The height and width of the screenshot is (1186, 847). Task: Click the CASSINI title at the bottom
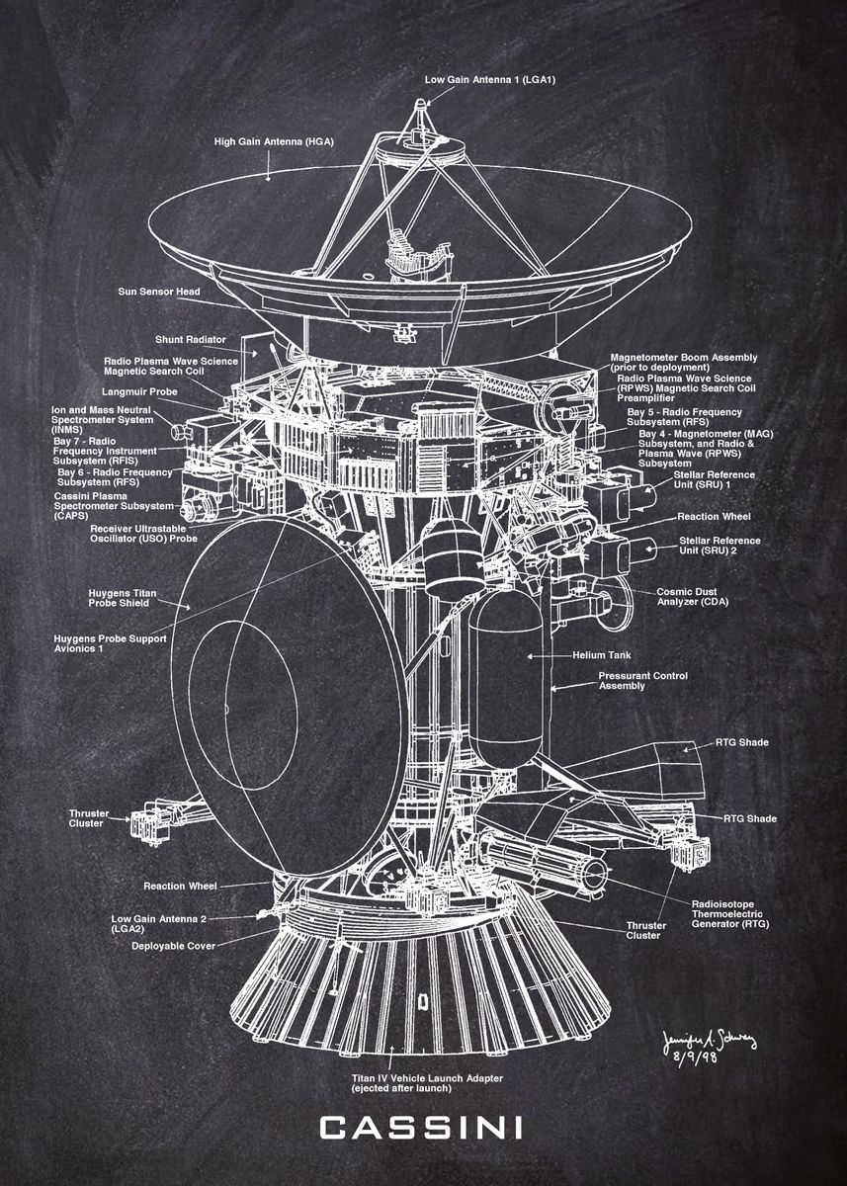click(422, 1128)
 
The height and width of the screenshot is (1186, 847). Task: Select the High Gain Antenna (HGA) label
click(274, 141)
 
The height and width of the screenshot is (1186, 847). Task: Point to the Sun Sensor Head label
click(159, 292)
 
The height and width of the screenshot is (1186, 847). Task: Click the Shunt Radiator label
click(191, 339)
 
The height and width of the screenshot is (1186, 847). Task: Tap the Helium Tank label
click(601, 654)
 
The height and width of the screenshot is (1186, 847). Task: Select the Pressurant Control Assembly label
click(643, 680)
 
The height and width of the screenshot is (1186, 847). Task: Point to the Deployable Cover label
click(173, 945)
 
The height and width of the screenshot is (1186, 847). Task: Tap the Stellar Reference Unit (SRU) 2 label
click(720, 545)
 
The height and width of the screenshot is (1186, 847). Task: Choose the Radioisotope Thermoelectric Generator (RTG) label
click(730, 913)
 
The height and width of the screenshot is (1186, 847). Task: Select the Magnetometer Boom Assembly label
click(684, 362)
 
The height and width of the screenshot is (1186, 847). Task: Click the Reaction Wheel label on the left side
click(180, 886)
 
